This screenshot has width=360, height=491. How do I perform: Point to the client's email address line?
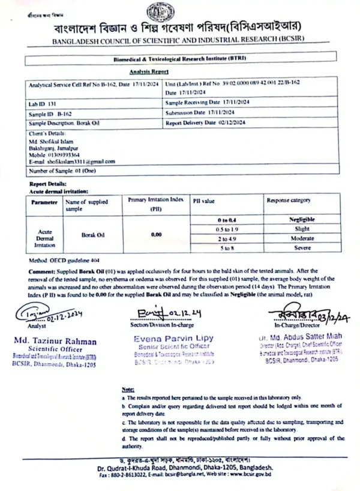(x=71, y=161)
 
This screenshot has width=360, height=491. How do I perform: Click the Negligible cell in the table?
(x=301, y=220)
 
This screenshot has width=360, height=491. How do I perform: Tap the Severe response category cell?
(x=301, y=248)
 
